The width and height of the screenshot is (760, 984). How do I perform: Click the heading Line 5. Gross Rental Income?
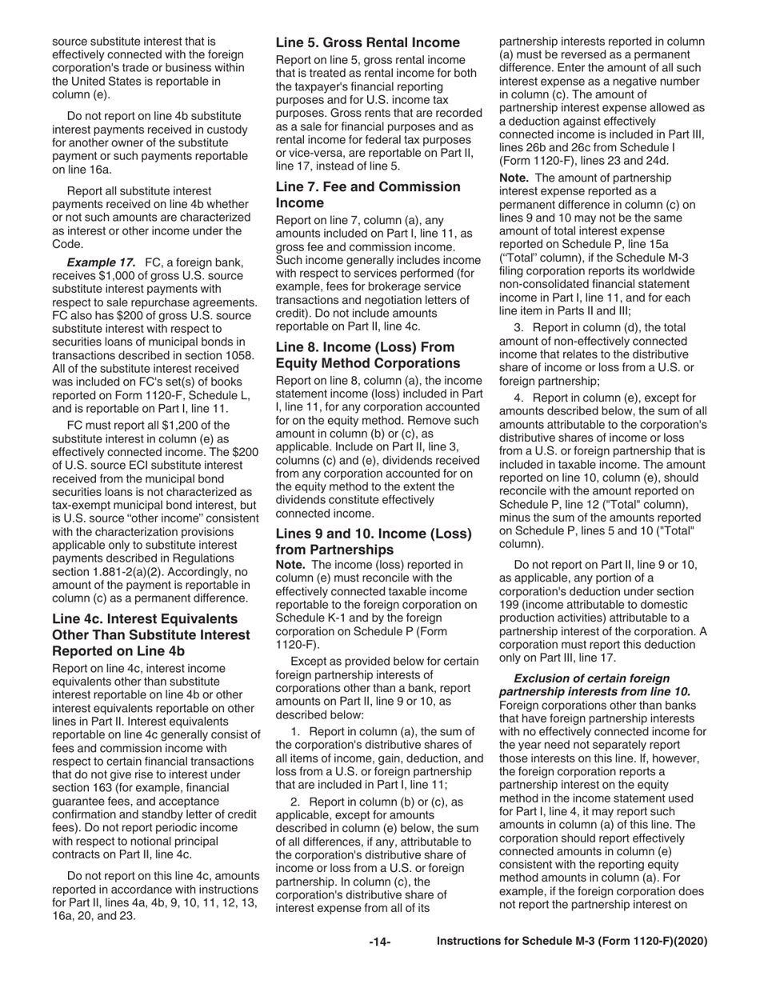tap(367, 42)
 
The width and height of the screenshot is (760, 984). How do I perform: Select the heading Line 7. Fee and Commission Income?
tap(367, 194)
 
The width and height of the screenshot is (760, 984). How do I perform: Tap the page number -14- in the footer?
tap(379, 942)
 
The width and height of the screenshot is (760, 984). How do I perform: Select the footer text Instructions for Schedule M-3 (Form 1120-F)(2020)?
tap(571, 942)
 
